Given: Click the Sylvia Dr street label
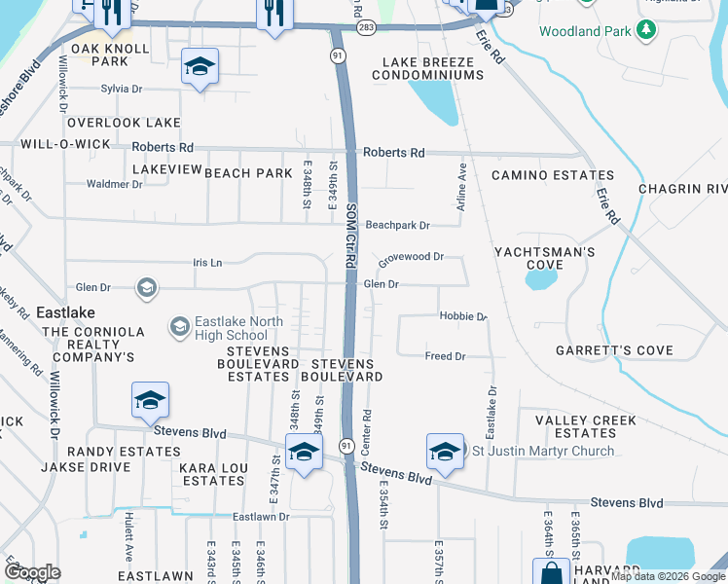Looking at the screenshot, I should click(121, 89).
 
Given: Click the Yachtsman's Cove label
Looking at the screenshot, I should click(544, 258).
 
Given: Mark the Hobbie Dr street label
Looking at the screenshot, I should click(462, 317).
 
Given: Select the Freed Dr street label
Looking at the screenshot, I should click(445, 356).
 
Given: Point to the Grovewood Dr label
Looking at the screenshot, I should click(411, 258).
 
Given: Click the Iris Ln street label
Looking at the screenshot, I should click(207, 263).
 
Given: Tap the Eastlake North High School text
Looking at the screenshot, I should click(238, 329).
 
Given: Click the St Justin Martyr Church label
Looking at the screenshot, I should click(543, 451).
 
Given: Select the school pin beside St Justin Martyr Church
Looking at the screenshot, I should click(445, 452).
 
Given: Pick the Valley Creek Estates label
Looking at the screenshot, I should click(586, 426).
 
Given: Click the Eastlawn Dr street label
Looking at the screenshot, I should click(261, 517).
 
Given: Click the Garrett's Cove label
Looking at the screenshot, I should click(614, 350).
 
